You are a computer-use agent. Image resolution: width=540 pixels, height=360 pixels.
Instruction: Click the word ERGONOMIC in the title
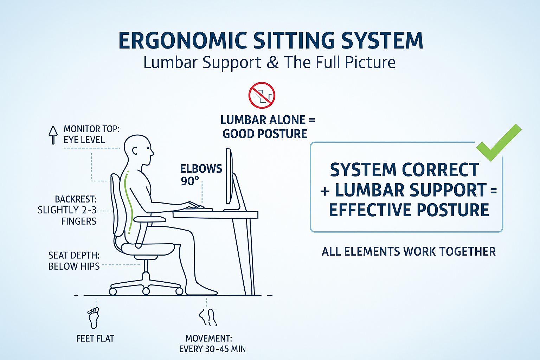coord(183,40)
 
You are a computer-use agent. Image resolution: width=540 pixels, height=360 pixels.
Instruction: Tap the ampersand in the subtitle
coord(273,62)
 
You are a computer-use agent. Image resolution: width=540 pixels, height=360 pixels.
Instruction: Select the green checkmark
coord(499,142)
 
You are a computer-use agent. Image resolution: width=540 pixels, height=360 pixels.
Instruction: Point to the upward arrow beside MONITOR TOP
coord(53,135)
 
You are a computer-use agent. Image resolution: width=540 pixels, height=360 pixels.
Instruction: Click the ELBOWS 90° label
coord(201,175)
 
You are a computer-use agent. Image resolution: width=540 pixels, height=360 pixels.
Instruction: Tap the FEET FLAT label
coord(95,339)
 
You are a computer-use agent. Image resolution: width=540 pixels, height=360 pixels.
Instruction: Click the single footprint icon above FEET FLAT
coord(93,318)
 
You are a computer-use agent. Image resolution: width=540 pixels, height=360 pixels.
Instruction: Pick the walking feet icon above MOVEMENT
coord(208,317)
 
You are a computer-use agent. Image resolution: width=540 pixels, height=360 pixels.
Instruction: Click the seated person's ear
coord(135,151)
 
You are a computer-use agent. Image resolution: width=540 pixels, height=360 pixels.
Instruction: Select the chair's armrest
coord(150,219)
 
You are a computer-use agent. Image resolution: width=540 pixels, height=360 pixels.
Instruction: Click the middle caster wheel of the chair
coord(146,291)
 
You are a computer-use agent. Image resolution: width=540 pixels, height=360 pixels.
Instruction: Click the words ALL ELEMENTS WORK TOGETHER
coord(409,251)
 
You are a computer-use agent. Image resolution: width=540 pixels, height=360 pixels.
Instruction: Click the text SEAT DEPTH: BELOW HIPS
coord(74,261)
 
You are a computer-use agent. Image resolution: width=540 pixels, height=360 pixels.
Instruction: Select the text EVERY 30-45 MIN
coord(212,349)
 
